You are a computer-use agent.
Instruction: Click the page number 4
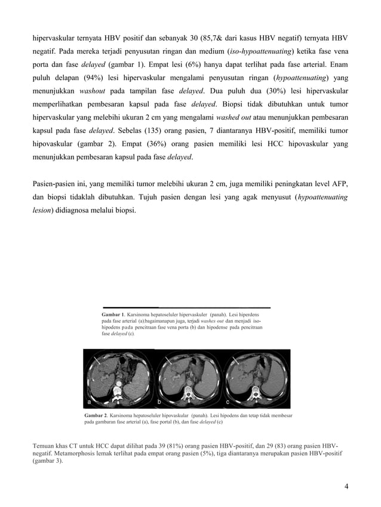346,487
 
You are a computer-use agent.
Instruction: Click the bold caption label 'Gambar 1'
113,314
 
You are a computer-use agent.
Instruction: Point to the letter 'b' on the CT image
159,402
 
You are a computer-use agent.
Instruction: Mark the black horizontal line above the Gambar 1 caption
186,309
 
